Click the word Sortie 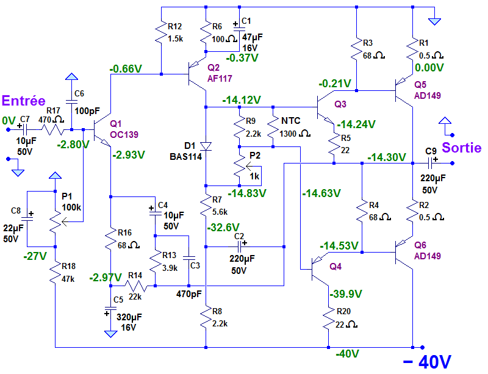(462, 148)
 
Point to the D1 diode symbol (206, 146)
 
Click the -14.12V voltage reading (242, 99)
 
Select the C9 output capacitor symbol (431, 163)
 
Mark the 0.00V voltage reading (429, 68)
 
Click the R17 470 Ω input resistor (52, 129)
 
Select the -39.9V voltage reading (346, 295)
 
